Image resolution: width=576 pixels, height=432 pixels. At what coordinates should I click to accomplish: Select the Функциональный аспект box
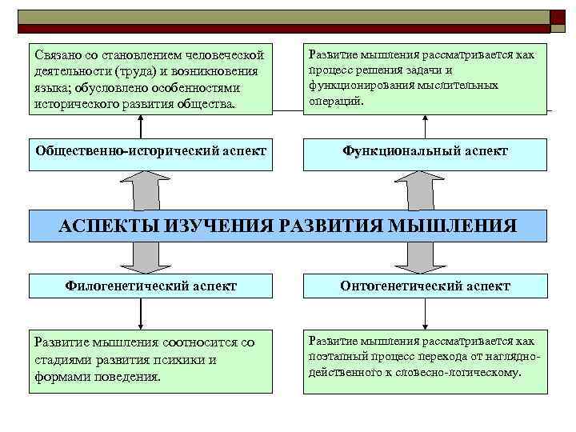click(x=425, y=152)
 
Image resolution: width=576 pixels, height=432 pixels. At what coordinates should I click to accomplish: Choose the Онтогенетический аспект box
click(x=425, y=286)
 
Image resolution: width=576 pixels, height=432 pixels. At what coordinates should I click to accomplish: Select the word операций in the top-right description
click(x=336, y=101)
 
